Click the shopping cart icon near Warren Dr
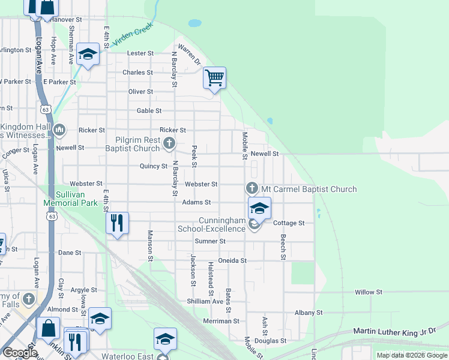[214, 77]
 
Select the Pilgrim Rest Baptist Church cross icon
[169, 143]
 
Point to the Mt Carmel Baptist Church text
[309, 189]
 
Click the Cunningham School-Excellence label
[212, 224]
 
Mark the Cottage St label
[289, 223]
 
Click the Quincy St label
[153, 166]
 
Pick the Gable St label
[149, 111]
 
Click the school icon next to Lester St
[88, 55]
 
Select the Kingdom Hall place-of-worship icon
[59, 130]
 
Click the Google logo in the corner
[20, 353]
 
